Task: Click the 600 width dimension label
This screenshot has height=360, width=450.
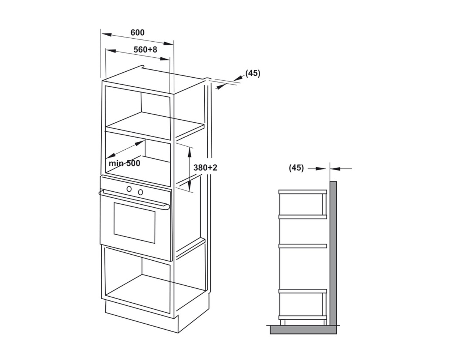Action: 137,33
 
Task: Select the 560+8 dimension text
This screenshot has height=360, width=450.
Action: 145,49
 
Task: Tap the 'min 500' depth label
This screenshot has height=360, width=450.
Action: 124,163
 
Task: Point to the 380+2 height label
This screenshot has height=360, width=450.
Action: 205,168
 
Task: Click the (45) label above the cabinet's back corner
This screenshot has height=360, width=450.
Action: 253,73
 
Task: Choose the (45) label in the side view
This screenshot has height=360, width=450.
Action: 296,168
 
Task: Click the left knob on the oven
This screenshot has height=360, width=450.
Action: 129,189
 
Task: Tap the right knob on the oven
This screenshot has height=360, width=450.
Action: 141,192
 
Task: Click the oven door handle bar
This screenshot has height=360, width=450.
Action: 134,199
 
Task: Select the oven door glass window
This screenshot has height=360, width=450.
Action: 135,223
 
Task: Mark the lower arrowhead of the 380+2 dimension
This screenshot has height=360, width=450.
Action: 189,186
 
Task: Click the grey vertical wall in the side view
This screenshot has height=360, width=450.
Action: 333,253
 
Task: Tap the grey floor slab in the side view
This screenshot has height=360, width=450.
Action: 303,330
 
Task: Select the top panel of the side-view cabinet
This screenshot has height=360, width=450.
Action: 303,192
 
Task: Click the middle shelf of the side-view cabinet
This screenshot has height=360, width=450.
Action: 303,246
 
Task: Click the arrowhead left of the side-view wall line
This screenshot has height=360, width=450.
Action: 321,168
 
